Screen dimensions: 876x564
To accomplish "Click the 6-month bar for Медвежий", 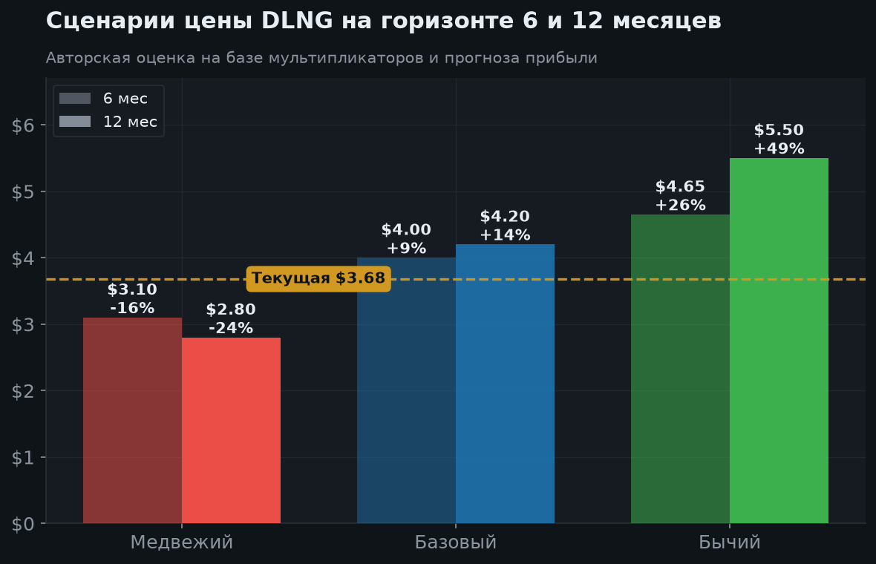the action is click(132, 421).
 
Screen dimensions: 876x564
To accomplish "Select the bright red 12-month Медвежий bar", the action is click(232, 430).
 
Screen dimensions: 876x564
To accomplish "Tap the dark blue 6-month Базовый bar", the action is click(406, 390).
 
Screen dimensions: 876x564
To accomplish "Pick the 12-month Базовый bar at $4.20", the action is click(505, 384).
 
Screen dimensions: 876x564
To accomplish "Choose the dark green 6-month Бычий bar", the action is click(681, 369).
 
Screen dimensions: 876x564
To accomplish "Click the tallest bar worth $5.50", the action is click(779, 341).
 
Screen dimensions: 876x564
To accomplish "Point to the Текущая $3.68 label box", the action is click(318, 278).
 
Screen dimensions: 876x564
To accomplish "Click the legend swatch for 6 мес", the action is click(75, 98).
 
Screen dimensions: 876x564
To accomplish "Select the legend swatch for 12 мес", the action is click(75, 121).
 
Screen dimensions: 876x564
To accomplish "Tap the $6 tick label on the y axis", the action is click(23, 126).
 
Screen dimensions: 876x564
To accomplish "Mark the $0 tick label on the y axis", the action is click(23, 525).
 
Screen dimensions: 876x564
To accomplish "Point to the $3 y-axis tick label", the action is click(23, 325).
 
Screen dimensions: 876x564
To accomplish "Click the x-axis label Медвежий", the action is click(182, 542).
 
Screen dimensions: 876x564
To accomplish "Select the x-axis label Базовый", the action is click(456, 542).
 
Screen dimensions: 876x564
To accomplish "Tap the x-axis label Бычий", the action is click(730, 542).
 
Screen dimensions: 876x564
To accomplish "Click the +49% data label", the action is click(779, 148).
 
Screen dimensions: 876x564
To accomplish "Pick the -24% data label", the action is click(231, 328).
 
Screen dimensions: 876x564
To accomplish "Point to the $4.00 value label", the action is click(406, 229).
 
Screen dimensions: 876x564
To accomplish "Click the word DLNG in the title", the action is click(297, 22).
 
